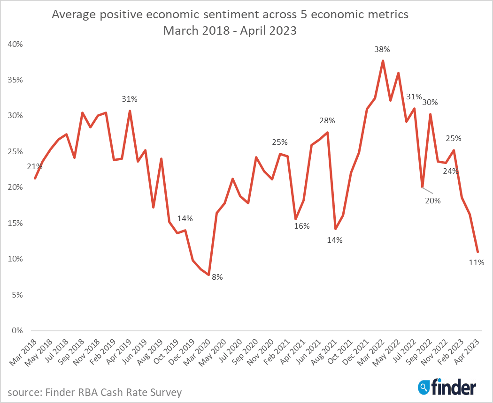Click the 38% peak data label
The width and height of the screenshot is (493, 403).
pyautogui.click(x=383, y=49)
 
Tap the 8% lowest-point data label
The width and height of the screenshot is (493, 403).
pyautogui.click(x=217, y=277)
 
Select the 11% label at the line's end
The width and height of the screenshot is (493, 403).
pyautogui.click(x=476, y=263)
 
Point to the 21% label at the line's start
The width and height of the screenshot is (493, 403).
pyautogui.click(x=35, y=166)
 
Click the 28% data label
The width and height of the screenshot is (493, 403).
pyautogui.click(x=327, y=121)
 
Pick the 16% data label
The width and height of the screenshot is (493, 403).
pyautogui.click(x=302, y=226)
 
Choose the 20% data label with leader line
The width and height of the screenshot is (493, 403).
pyautogui.click(x=433, y=201)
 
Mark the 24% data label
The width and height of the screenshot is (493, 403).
pyautogui.click(x=451, y=171)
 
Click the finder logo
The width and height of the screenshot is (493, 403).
pyautogui.click(x=447, y=387)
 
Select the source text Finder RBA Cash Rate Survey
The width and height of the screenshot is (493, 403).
pyautogui.click(x=94, y=392)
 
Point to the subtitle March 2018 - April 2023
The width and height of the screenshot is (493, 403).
pyautogui.click(x=230, y=31)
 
